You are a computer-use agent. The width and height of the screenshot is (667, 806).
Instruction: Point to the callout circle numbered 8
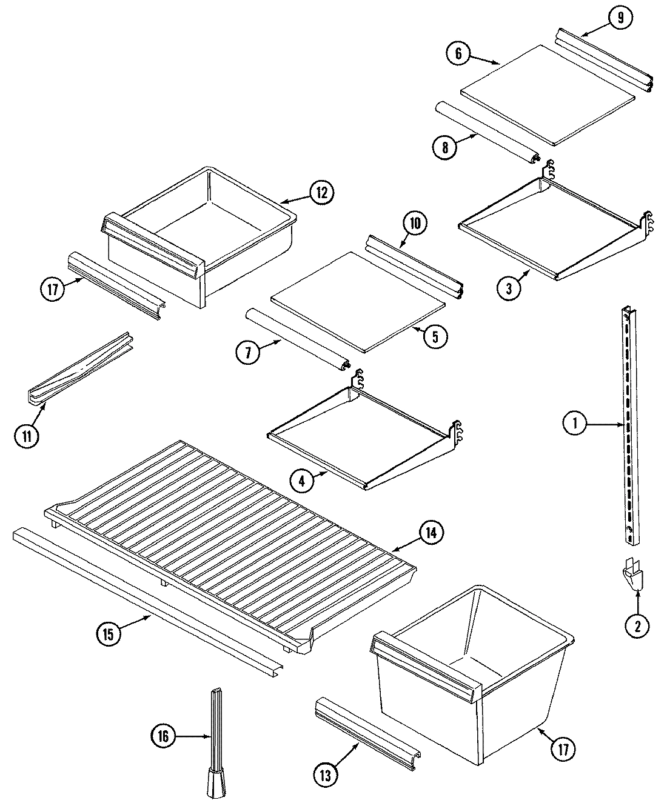445,147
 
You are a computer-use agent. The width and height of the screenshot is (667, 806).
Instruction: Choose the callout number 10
414,224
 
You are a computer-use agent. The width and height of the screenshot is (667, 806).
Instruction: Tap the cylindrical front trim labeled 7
297,339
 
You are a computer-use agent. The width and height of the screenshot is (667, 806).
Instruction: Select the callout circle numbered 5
435,336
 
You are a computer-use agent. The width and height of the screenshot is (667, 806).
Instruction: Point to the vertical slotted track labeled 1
629,424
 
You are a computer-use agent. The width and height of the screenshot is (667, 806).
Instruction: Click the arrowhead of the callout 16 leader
209,738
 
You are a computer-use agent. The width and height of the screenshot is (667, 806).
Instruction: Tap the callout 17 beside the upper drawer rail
53,290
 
